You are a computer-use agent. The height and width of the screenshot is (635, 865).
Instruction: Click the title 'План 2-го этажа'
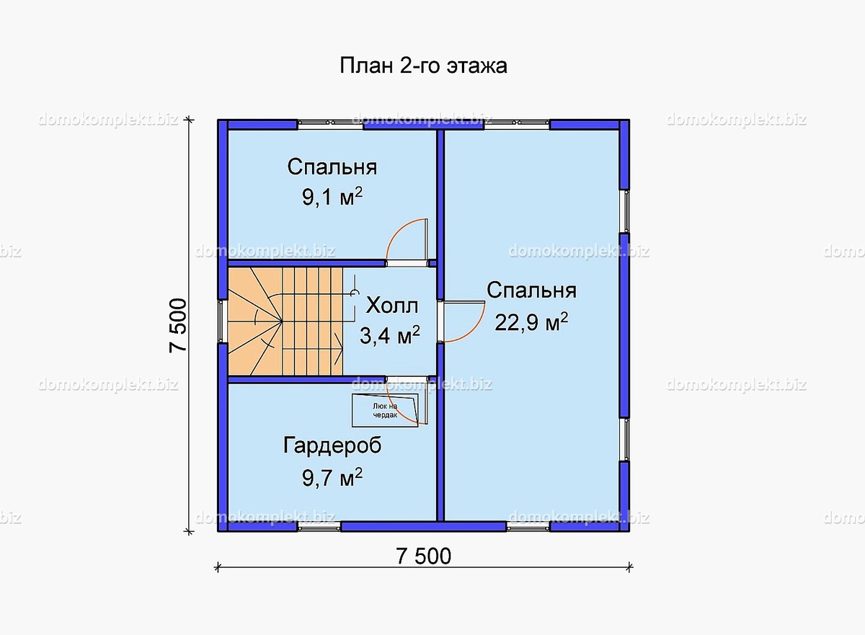(423, 66)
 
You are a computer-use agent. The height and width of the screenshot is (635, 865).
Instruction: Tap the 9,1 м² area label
(332, 198)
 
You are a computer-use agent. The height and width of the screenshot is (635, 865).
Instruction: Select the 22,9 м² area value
(531, 322)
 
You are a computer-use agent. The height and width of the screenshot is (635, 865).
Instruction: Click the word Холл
(391, 306)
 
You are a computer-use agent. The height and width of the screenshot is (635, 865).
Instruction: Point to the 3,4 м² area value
(389, 335)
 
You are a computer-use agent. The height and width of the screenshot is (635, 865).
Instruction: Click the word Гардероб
(332, 445)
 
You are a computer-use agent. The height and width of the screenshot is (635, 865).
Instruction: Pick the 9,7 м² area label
(332, 476)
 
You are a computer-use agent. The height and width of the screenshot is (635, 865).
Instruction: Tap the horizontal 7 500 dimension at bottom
(423, 556)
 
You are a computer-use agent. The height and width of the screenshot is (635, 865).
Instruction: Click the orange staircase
(285, 321)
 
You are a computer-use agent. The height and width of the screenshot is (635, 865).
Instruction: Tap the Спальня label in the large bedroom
(531, 290)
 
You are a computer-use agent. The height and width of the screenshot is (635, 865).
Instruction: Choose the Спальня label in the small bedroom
(332, 167)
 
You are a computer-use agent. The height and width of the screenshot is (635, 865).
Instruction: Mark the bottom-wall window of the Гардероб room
(319, 527)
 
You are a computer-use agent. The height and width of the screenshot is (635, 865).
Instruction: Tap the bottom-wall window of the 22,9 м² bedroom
(528, 527)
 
